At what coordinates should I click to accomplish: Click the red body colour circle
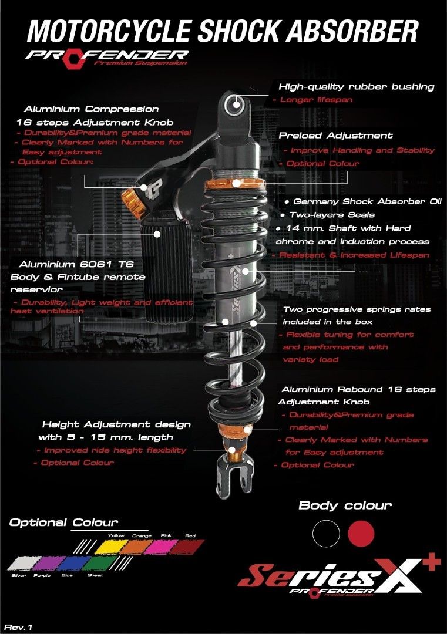tap(361, 533)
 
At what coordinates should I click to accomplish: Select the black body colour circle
tap(326, 533)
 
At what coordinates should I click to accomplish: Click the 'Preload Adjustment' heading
tap(335, 135)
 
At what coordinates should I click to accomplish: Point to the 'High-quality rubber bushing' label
tap(356, 87)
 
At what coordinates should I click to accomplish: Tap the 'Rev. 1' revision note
tap(19, 627)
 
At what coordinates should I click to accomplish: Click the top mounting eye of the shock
tap(237, 106)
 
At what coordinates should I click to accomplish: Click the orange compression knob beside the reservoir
tap(132, 203)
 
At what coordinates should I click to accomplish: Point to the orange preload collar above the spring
tap(235, 183)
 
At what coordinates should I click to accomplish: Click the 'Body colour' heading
tap(345, 505)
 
